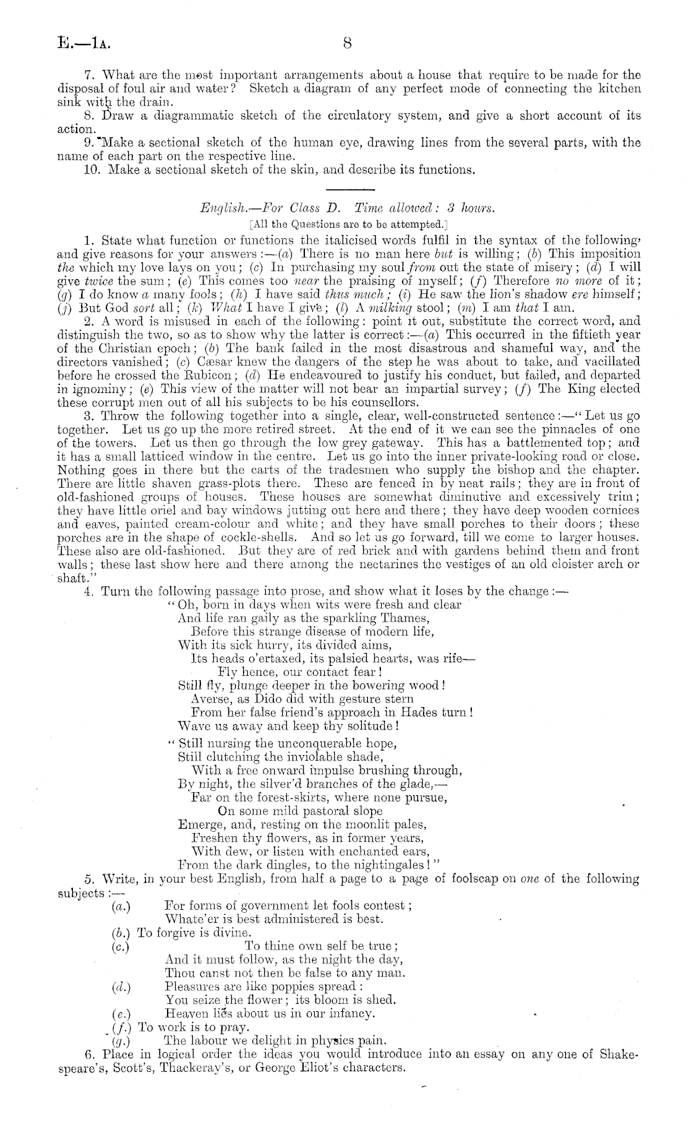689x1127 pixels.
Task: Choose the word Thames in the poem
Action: [x=409, y=618]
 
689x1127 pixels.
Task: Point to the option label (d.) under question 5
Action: [x=121, y=987]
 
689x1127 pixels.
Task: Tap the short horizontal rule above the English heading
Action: [x=346, y=189]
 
